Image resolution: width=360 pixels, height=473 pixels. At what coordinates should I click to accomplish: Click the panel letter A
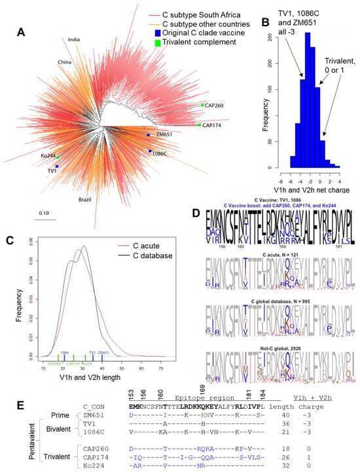[22, 31]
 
